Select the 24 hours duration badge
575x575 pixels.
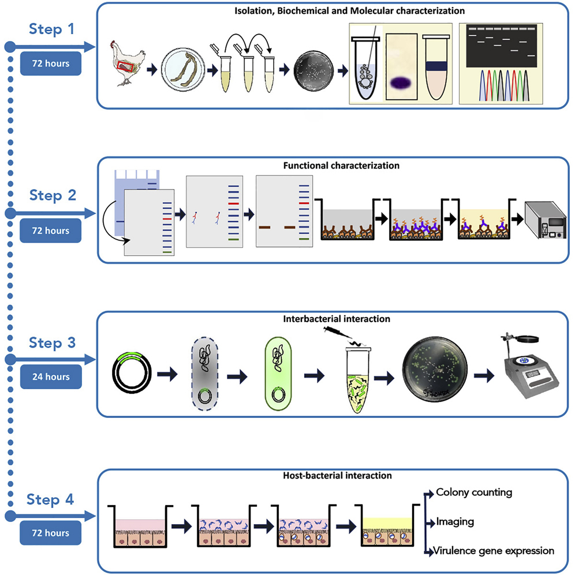pyautogui.click(x=50, y=377)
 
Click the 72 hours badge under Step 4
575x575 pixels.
pyautogui.click(x=50, y=533)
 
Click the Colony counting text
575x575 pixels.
pyautogui.click(x=474, y=492)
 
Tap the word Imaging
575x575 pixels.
pyautogui.click(x=455, y=521)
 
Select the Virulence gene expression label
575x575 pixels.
pyautogui.click(x=495, y=551)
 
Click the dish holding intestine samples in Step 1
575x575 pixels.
pyautogui.click(x=183, y=70)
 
